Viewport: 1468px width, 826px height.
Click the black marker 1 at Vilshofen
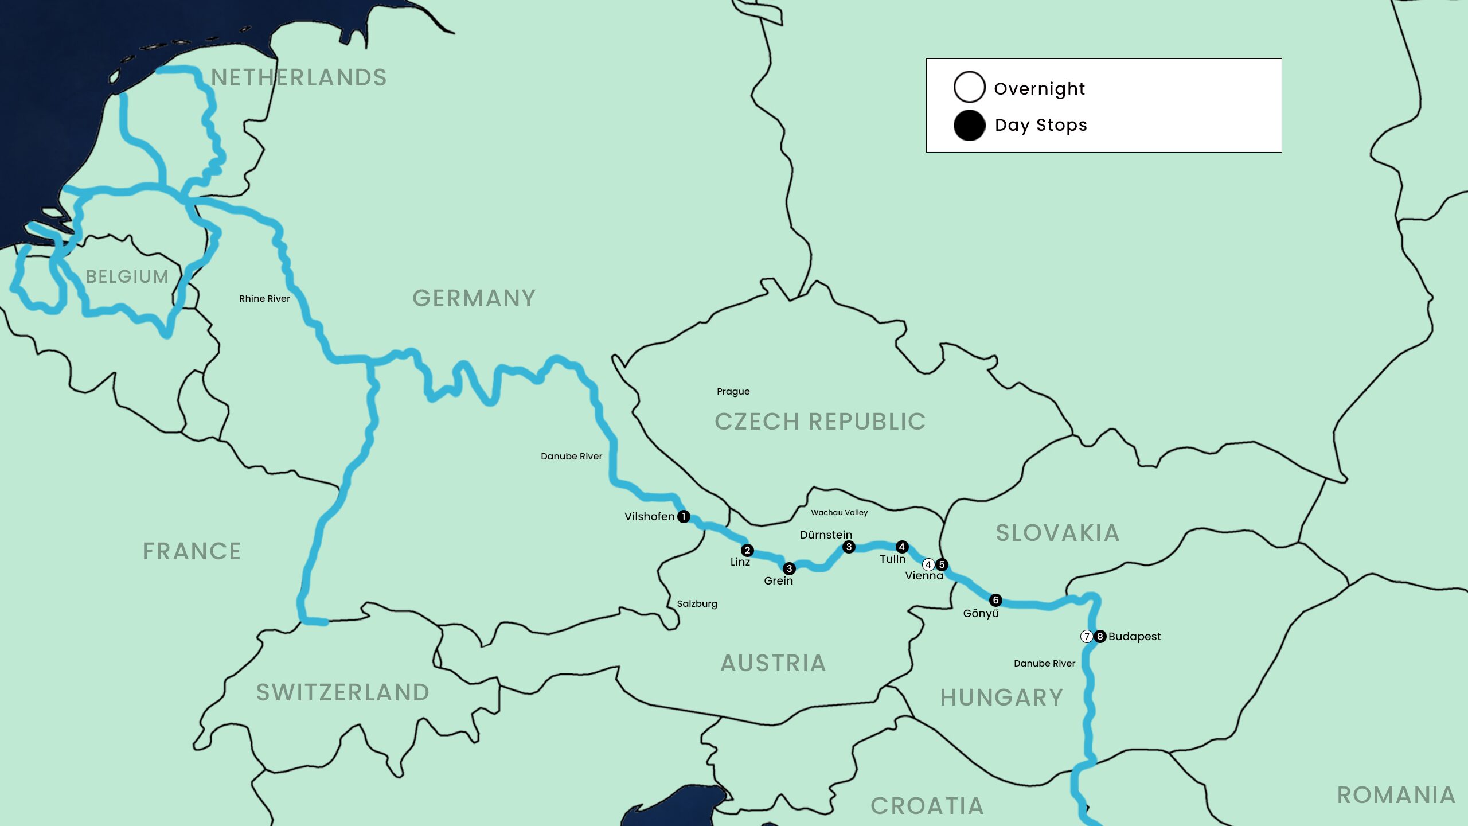pos(684,516)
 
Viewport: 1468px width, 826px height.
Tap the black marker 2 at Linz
pos(747,550)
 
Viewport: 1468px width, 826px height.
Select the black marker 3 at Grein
pos(789,568)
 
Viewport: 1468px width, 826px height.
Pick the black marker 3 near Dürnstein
pos(849,547)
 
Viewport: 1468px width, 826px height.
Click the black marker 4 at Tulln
pos(902,547)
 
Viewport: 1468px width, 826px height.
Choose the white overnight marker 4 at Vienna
pos(928,564)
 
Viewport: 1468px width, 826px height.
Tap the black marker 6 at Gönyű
pos(995,600)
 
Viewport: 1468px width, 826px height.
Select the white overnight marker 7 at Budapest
pos(1087,636)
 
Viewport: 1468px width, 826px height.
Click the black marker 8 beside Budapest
pos(1100,636)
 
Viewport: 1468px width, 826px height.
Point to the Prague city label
pos(733,392)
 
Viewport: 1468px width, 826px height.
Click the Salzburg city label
pos(697,603)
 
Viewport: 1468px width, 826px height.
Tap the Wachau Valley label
pos(839,513)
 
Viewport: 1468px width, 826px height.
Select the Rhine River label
pos(264,298)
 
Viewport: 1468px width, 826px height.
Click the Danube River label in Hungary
pos(1044,663)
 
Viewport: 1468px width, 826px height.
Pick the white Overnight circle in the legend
pos(969,87)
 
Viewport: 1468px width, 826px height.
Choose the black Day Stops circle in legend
pos(969,125)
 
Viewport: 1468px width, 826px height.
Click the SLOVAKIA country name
pos(1057,533)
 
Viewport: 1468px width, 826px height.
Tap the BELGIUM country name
pos(127,276)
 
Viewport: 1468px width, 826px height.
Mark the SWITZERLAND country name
pos(343,692)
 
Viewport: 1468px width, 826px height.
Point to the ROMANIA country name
pos(1396,795)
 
